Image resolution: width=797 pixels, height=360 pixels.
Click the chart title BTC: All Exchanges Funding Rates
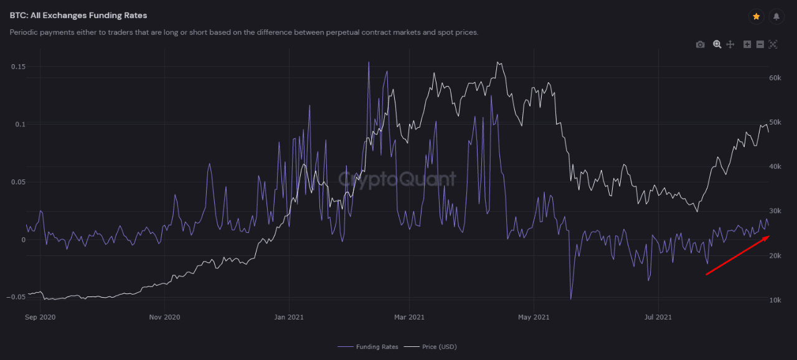click(78, 15)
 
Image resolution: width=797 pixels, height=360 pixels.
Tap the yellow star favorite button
click(756, 17)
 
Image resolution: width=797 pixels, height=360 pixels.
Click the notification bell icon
click(776, 17)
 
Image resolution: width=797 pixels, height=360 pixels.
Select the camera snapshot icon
click(700, 44)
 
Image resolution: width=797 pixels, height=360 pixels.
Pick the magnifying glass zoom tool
click(717, 44)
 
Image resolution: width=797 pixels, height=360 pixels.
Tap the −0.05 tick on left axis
click(16, 297)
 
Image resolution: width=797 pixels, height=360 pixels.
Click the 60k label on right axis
click(775, 78)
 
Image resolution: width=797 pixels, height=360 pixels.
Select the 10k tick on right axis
click(775, 300)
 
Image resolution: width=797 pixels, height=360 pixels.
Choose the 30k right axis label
click(775, 211)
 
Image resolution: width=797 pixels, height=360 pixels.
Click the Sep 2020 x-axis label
click(40, 317)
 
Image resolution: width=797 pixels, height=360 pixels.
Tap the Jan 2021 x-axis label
click(290, 317)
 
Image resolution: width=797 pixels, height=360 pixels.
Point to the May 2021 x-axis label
click(534, 317)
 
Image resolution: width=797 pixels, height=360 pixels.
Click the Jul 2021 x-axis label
click(658, 317)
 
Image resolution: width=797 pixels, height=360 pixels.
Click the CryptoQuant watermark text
click(397, 179)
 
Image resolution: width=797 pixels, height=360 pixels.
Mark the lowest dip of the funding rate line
click(570, 299)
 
